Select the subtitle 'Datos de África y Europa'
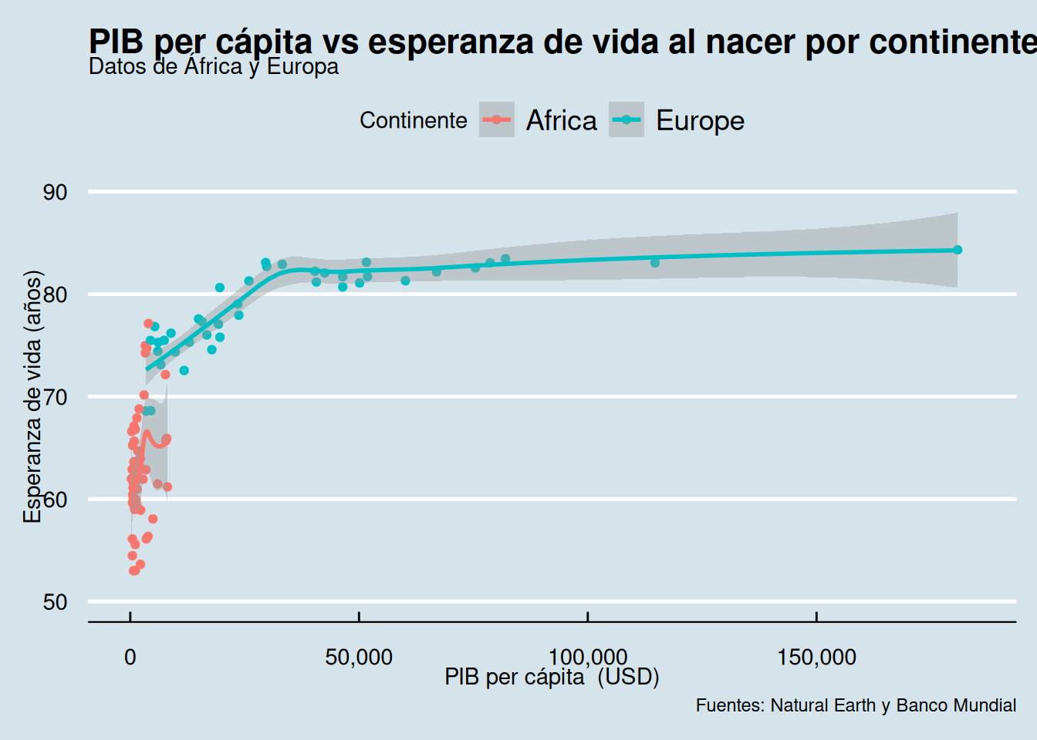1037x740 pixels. [214, 67]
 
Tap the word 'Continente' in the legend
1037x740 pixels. [413, 120]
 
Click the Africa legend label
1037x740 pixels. [561, 120]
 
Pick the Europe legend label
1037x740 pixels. [700, 120]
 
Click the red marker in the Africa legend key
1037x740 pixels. [497, 119]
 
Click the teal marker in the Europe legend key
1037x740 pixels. [627, 119]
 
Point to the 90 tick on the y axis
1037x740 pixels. [56, 192]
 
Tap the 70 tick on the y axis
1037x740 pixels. [56, 397]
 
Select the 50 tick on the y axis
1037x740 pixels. [56, 602]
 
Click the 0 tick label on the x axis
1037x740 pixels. [130, 658]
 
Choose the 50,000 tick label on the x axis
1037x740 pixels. [359, 658]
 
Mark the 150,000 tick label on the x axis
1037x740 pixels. [816, 658]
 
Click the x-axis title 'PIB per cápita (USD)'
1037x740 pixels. [552, 677]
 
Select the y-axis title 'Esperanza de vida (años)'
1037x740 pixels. [32, 396]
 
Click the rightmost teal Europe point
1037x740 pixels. [958, 250]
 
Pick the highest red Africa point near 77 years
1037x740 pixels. [148, 324]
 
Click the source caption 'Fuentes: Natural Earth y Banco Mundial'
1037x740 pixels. [856, 705]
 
